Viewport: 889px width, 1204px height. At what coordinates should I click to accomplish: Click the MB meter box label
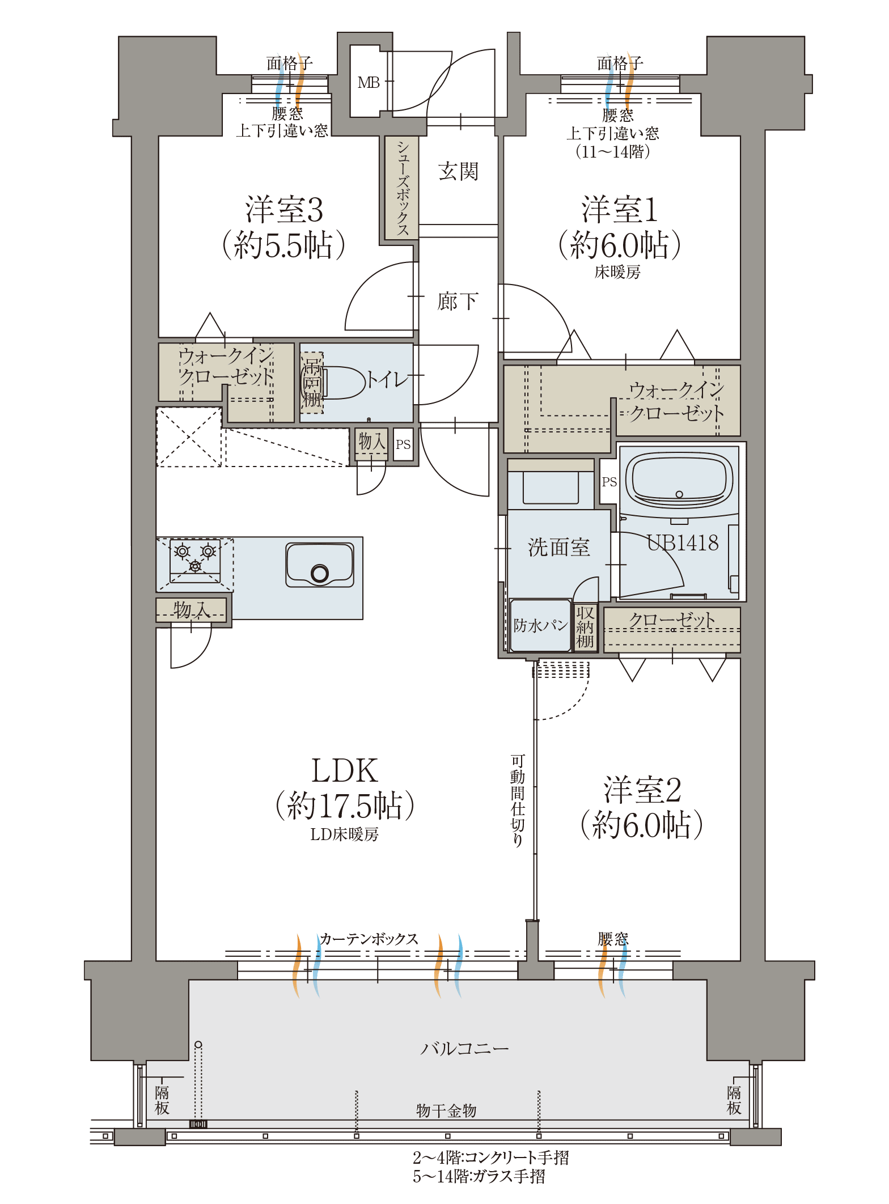point(369,83)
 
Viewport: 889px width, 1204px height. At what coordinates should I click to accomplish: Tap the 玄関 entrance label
point(458,171)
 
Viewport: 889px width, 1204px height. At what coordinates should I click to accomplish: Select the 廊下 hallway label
point(458,301)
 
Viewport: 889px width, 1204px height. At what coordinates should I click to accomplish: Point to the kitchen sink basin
point(320,565)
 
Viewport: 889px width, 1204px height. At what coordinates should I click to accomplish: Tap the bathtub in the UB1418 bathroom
point(679,480)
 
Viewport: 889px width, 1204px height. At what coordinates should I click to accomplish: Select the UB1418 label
point(683,543)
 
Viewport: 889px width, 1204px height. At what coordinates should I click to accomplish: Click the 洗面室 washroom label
point(559,547)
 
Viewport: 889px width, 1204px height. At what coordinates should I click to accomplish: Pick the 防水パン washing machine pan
point(540,625)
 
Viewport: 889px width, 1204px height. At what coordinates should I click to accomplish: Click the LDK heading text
point(345,771)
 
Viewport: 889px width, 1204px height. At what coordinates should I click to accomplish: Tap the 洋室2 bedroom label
point(642,790)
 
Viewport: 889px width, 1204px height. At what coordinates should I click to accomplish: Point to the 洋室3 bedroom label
point(284,209)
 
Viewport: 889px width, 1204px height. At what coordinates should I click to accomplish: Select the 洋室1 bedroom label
point(620,209)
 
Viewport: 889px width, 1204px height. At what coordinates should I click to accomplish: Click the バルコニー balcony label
point(464,1049)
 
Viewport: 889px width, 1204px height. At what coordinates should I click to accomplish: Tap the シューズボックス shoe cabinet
point(402,187)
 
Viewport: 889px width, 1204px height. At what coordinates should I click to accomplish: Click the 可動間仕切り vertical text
point(517,800)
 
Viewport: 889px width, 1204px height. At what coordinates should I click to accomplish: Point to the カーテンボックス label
point(369,939)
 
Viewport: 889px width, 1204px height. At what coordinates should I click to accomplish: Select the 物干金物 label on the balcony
point(446,1110)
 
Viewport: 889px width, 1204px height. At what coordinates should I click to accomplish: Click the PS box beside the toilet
point(403,444)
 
